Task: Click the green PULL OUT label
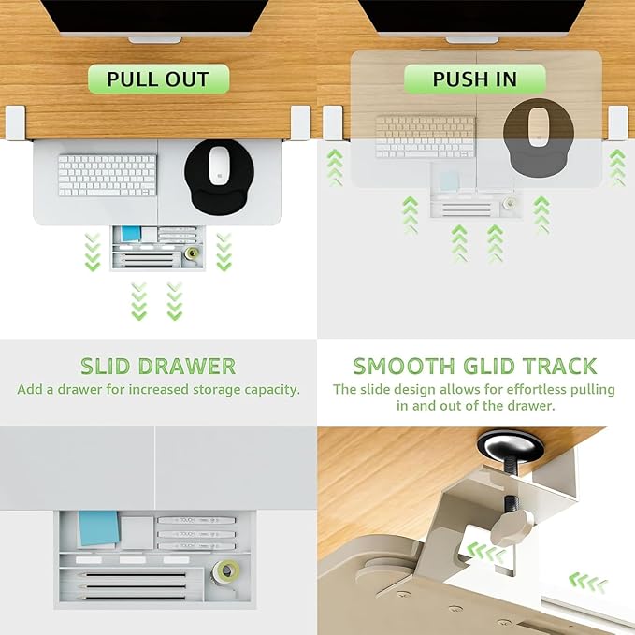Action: click(x=159, y=79)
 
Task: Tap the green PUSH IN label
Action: click(x=475, y=79)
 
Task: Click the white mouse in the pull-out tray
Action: click(x=219, y=166)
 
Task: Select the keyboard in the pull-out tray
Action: click(x=108, y=175)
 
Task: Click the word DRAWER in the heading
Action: click(x=187, y=366)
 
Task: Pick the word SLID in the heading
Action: click(x=105, y=366)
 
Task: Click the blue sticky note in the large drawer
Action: click(x=98, y=528)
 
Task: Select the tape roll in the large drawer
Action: click(x=225, y=571)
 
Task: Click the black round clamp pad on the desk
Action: click(x=511, y=444)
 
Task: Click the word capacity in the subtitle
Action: click(x=272, y=390)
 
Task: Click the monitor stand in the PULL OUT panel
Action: click(x=154, y=40)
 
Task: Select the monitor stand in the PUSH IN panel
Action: click(x=472, y=39)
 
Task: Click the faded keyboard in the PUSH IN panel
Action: click(x=426, y=137)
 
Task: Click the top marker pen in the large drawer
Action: click(x=196, y=520)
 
